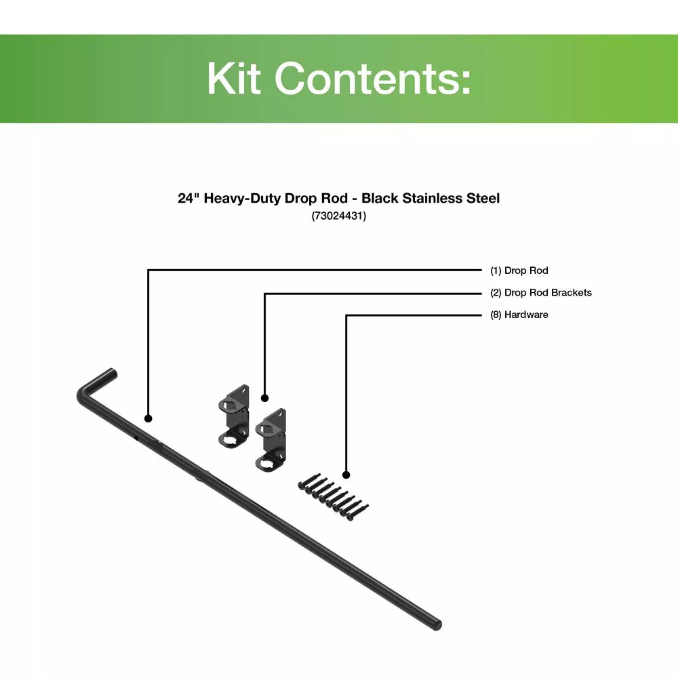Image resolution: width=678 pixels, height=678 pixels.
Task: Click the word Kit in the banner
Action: (234, 78)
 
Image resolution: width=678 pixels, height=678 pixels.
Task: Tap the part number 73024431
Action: (338, 216)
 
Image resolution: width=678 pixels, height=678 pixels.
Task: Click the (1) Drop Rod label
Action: (519, 271)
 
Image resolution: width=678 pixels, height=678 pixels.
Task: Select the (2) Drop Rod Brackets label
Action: (540, 293)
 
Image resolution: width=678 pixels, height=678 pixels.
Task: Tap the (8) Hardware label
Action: (519, 315)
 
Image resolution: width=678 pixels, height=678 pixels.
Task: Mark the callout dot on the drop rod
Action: (148, 418)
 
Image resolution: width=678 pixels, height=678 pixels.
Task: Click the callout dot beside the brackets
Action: (264, 398)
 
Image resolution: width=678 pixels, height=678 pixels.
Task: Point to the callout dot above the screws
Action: (346, 475)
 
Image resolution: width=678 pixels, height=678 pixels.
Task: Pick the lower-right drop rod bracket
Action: (271, 440)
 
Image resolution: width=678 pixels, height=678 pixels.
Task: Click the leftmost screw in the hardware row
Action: (308, 481)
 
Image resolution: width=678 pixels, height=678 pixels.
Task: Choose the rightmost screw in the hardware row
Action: (357, 513)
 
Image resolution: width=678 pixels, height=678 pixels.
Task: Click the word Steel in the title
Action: (483, 198)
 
